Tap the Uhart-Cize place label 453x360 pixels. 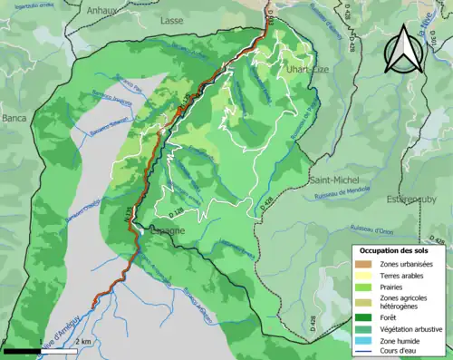tap(298, 69)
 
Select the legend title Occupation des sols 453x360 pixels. tap(397, 249)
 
